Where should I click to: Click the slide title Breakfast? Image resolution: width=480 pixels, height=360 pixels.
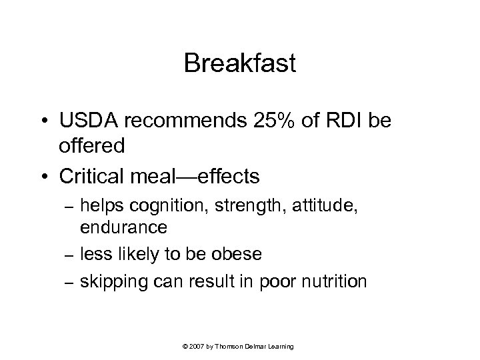(239, 64)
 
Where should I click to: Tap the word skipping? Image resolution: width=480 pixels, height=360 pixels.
(112, 281)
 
